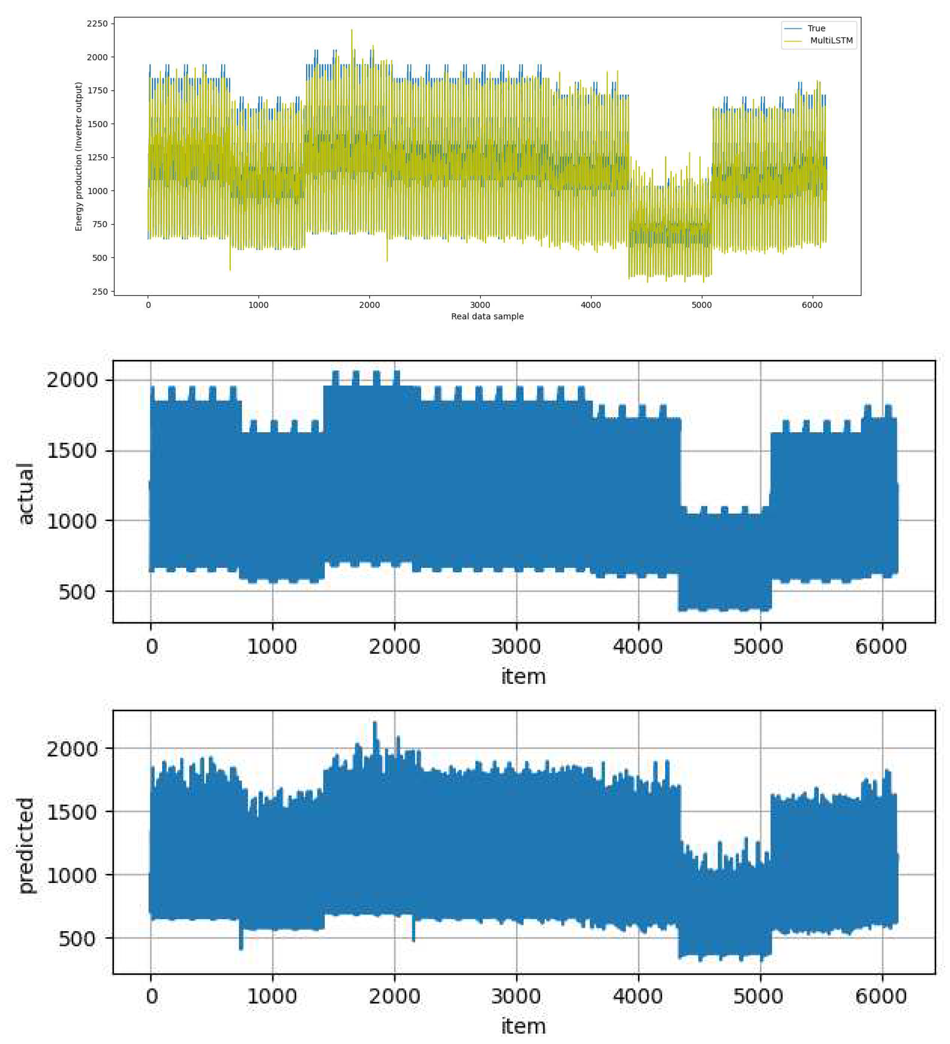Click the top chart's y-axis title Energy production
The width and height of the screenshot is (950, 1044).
(x=79, y=156)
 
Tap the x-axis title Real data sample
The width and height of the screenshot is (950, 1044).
(x=487, y=316)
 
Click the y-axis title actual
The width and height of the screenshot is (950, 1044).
(x=25, y=494)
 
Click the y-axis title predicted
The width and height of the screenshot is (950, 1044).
(x=25, y=844)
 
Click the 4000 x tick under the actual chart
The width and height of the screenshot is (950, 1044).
(x=638, y=647)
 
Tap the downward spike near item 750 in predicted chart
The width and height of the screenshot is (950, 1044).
(x=241, y=948)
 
